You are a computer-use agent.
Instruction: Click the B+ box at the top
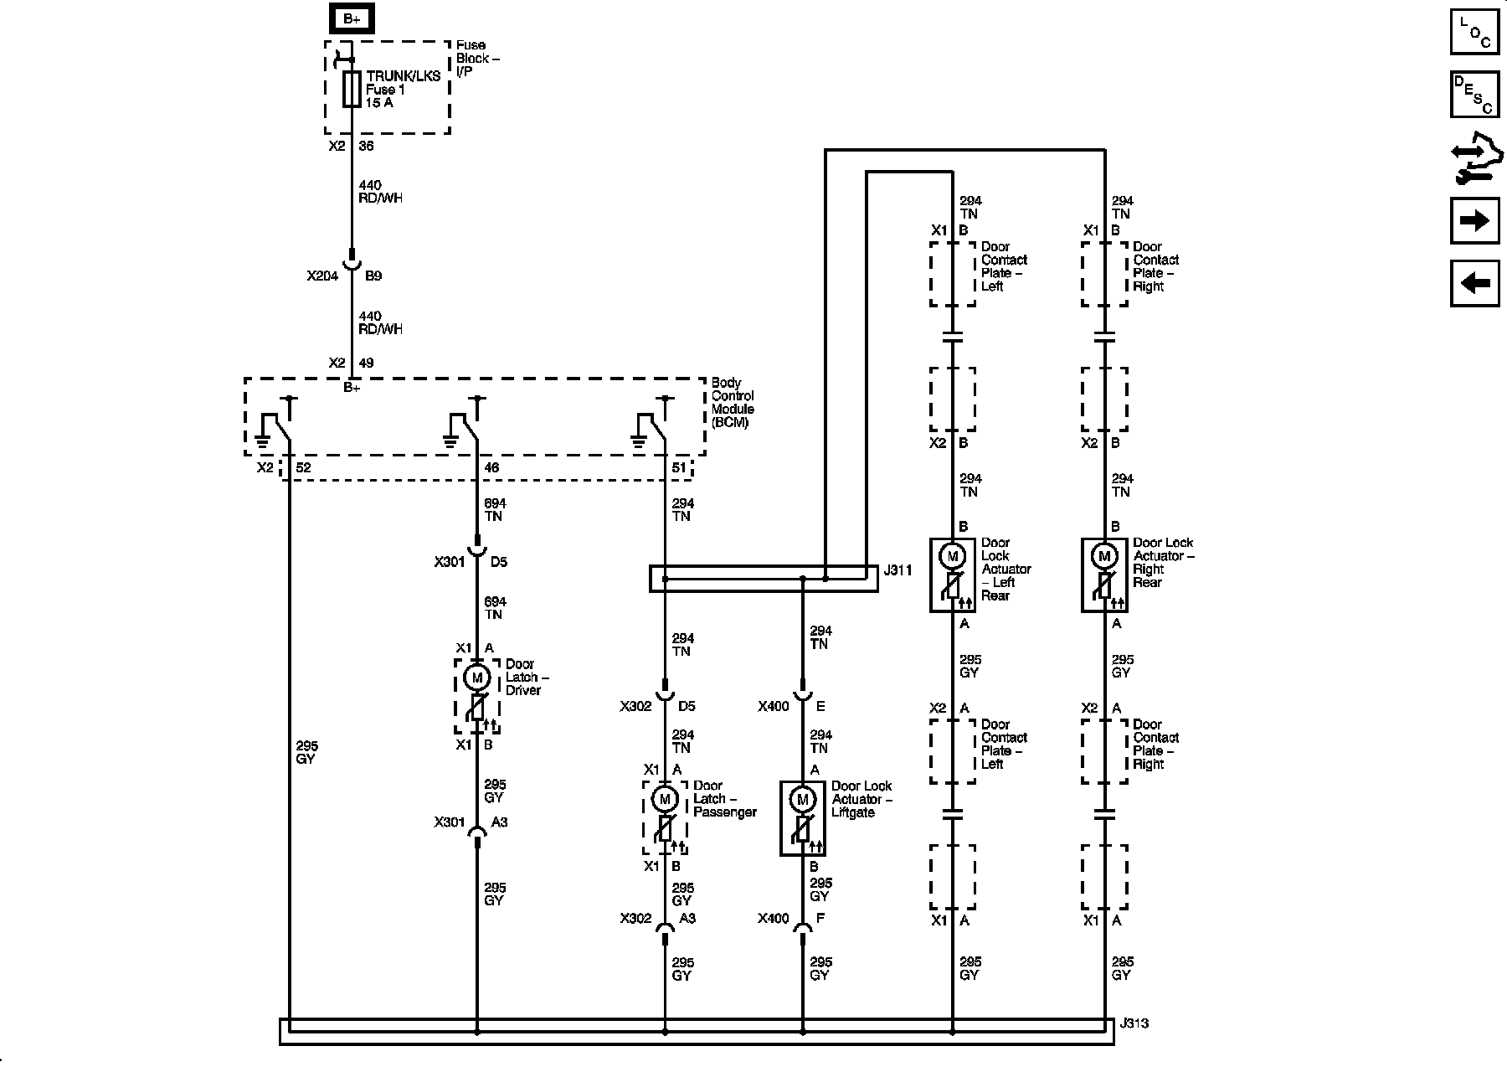tap(352, 18)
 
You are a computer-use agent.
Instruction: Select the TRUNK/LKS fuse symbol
tap(352, 90)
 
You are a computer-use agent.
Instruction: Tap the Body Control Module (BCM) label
tap(733, 403)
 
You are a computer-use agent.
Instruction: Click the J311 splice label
tap(898, 570)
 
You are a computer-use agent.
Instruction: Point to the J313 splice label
tap(1134, 1023)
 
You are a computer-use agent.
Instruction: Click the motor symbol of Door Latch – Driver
tap(477, 677)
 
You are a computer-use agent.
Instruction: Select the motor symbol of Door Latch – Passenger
tap(665, 799)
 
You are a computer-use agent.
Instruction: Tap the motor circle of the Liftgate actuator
tap(803, 799)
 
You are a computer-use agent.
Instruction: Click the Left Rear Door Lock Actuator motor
tap(952, 555)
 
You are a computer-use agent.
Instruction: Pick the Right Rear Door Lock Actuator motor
tap(1104, 555)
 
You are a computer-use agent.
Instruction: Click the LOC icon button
tap(1474, 32)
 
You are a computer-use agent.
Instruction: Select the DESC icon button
tap(1474, 94)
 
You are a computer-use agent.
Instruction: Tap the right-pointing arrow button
tap(1474, 220)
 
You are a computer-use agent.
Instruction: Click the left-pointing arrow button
tap(1474, 283)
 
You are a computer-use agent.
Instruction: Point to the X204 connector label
tap(322, 276)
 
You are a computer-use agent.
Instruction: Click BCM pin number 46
tap(492, 467)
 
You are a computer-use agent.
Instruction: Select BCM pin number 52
tap(304, 467)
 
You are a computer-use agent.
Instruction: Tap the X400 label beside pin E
tap(774, 706)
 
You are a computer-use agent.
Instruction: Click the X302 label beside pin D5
tap(636, 706)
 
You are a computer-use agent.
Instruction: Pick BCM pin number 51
tap(679, 467)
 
